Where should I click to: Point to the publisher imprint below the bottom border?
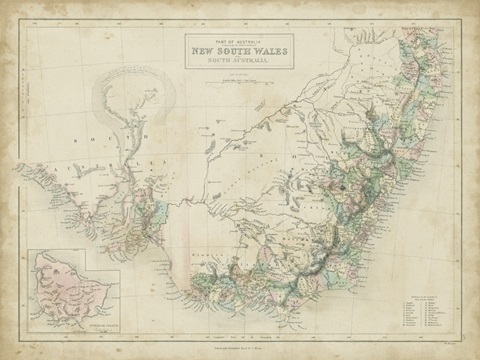tap(240, 345)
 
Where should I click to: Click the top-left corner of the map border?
tap(26, 20)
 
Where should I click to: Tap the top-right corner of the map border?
tap(455, 20)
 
